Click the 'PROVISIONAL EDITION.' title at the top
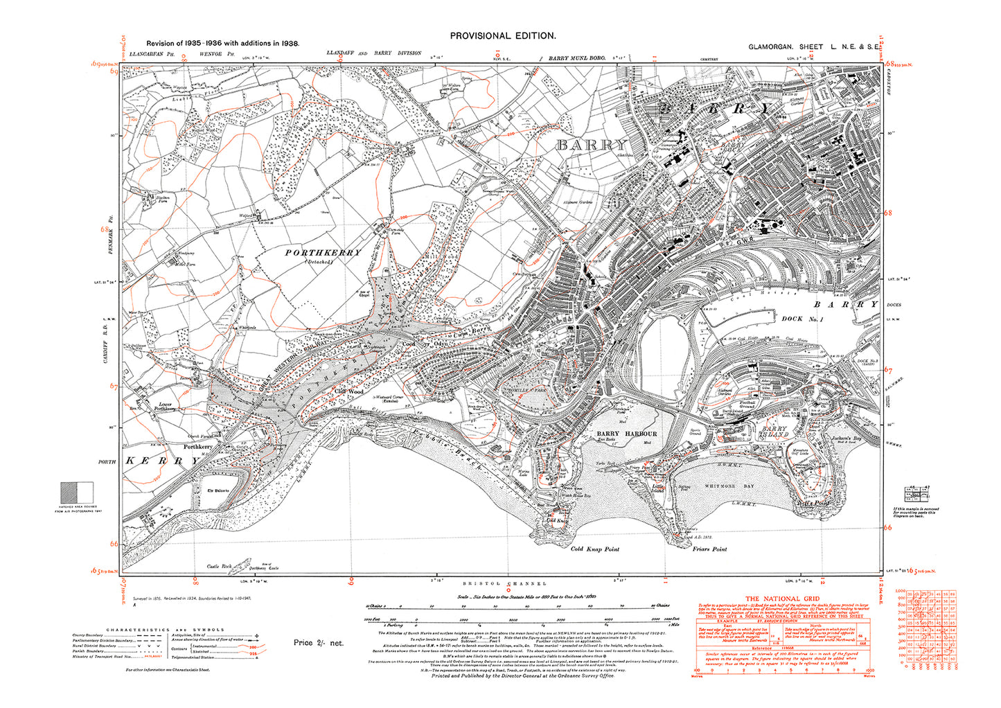502,35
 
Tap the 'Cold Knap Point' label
594,549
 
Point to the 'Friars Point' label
709,549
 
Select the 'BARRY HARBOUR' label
626,434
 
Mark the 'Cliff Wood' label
349,392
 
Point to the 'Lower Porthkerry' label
165,407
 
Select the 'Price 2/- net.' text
318,643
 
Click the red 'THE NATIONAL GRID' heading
782,599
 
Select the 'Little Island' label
658,488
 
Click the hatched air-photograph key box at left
77,493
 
